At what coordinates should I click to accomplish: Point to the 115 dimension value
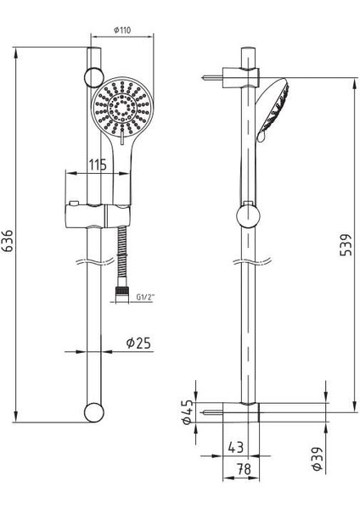(97, 165)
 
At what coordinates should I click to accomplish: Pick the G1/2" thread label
(148, 296)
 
